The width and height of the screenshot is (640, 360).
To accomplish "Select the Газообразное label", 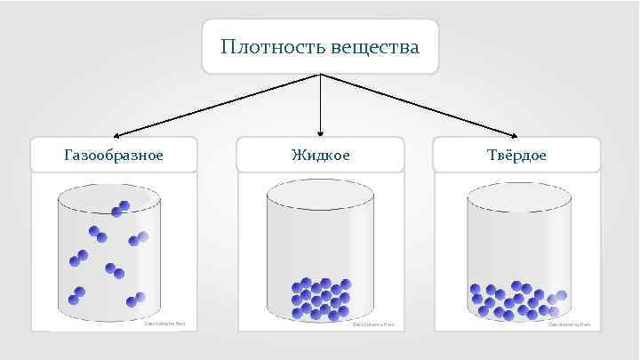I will tap(114, 155).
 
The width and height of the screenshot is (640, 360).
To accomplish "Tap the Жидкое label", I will tap(320, 155).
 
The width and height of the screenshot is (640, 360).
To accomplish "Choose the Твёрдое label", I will tap(516, 155).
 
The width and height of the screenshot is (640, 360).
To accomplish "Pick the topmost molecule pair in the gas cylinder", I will tap(120, 209).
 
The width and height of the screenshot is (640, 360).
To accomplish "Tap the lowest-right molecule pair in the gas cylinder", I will tap(136, 300).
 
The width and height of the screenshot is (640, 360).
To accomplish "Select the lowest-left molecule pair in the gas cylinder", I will tap(78, 293).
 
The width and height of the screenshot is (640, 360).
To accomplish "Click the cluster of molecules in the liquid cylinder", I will tap(321, 296).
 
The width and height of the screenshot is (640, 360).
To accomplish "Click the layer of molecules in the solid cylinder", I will tap(516, 300).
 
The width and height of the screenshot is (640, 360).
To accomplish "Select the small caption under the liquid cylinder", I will tap(372, 324).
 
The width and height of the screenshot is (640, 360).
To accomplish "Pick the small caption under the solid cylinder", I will tap(569, 324).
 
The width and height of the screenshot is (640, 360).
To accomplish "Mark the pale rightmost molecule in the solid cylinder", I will tap(561, 296).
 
